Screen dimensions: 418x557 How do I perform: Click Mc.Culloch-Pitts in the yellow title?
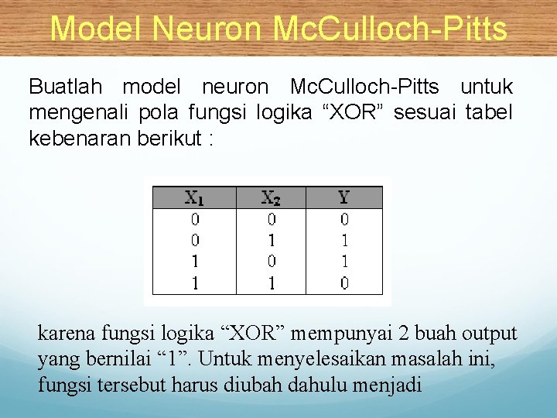tap(390, 29)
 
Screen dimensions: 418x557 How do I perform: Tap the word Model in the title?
tap(97, 29)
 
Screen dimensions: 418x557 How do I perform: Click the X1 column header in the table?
tap(194, 197)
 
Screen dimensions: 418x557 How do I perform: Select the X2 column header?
tap(271, 197)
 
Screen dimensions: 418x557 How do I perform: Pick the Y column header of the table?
tap(344, 197)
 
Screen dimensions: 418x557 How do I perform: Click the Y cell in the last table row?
tap(344, 283)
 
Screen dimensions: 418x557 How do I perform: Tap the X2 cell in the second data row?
tap(271, 241)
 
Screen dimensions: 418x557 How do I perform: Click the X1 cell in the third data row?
tap(194, 262)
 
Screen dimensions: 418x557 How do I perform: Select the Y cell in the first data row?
tap(344, 219)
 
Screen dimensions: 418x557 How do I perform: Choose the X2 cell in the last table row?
tap(271, 283)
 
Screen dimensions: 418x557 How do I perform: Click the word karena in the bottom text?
tap(61, 334)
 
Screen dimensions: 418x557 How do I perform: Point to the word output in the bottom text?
tap(489, 334)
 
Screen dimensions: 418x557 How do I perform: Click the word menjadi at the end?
tap(391, 385)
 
